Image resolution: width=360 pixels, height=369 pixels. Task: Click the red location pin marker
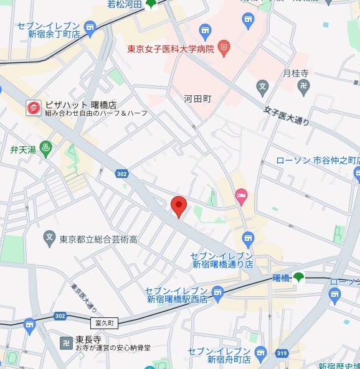[179, 206]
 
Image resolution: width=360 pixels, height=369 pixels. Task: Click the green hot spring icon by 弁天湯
[45, 149]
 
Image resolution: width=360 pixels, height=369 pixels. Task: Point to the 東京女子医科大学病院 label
[170, 48]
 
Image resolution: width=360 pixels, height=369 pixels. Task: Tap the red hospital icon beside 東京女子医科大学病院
[224, 47]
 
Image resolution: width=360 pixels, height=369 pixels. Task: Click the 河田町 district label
[197, 98]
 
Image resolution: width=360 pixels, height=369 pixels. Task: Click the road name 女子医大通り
[286, 114]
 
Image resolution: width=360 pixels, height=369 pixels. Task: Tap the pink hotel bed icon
[241, 197]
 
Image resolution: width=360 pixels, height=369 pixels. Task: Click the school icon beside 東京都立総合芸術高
[50, 237]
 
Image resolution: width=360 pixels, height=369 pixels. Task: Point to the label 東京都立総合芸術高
[98, 238]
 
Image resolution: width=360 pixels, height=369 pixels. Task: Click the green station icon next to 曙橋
[298, 277]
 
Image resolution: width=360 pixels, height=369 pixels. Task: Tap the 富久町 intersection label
[103, 324]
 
